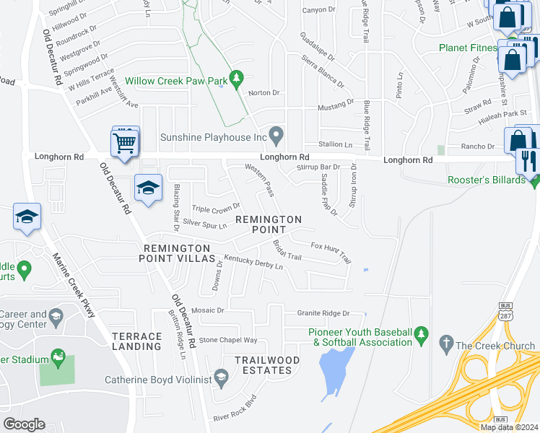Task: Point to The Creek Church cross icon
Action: click(x=446, y=344)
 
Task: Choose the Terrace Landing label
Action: click(x=137, y=341)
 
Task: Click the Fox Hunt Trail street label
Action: click(x=331, y=251)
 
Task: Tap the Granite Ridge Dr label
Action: click(x=323, y=313)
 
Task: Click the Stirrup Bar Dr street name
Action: click(x=318, y=167)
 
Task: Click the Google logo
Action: click(x=24, y=424)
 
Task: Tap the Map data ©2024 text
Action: click(x=508, y=427)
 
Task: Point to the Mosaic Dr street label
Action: click(x=208, y=310)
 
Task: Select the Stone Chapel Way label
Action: click(x=228, y=339)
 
